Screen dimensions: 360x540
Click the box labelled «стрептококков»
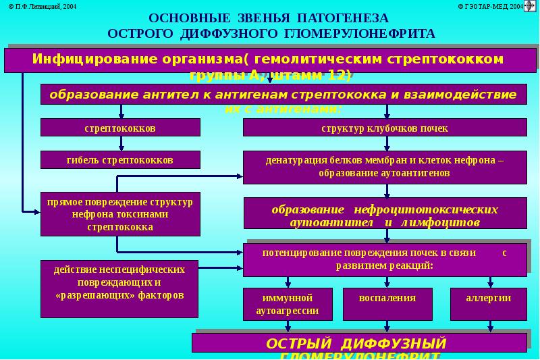pos(121,127)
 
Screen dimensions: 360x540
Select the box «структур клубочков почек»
pos(385,127)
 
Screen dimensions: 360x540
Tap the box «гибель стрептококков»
pos(121,159)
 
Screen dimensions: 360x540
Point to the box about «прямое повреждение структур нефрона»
pos(121,215)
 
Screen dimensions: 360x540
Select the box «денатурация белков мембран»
pos(385,167)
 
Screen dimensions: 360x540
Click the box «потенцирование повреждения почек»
pos(385,259)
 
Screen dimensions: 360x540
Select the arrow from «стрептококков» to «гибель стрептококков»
pos(122,143)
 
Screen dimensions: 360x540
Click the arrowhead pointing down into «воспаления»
pos(387,284)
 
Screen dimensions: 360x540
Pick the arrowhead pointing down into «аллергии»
pos(488,284)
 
